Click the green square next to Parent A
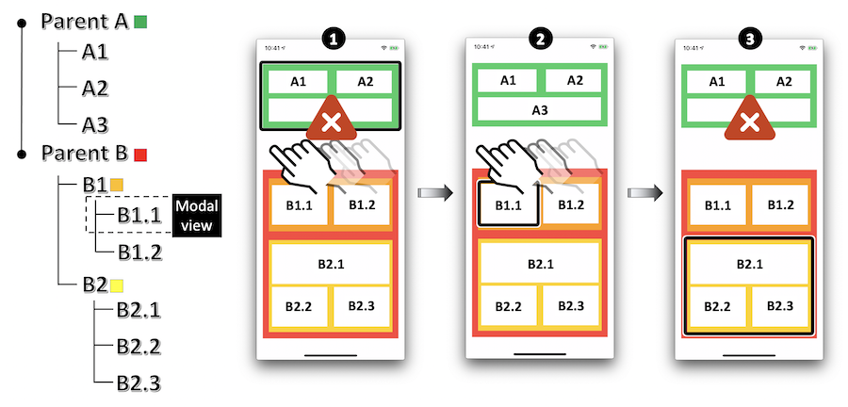tap(140, 22)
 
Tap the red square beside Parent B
tap(140, 155)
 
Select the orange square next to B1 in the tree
tap(117, 185)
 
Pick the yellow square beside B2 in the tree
tap(117, 285)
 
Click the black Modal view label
tap(198, 216)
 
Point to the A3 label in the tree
tap(95, 125)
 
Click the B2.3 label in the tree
tap(139, 383)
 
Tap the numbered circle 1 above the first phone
tap(331, 40)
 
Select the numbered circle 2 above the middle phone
tap(540, 40)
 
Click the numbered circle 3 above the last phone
tap(750, 40)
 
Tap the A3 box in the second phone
tap(540, 110)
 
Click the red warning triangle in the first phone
tap(331, 119)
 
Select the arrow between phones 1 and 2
tap(435, 193)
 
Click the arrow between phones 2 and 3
tap(645, 192)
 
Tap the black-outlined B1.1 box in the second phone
tap(508, 204)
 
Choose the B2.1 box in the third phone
tap(749, 264)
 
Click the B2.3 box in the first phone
tap(361, 306)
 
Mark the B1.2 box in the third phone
tap(780, 205)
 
